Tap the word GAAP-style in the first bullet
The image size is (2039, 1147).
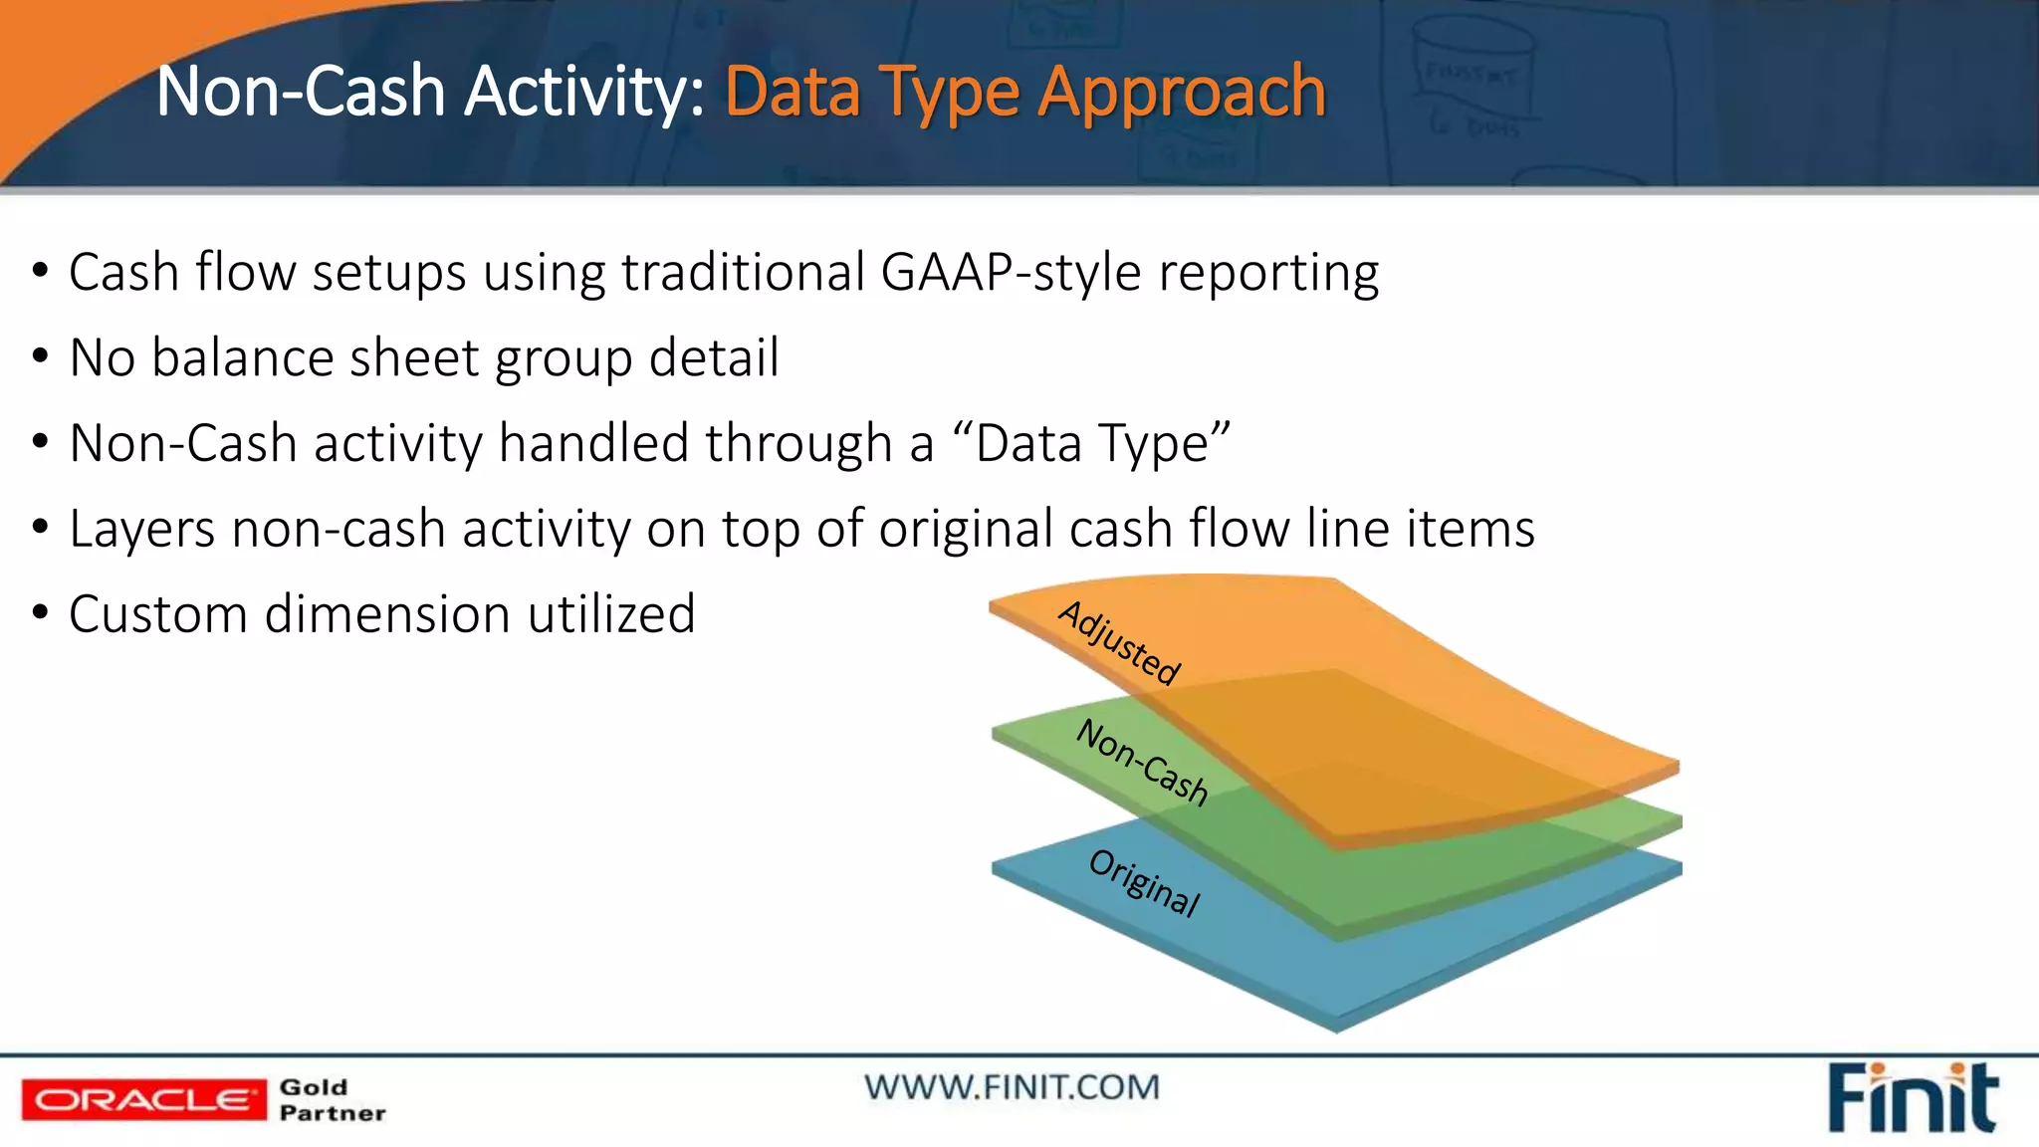tap(1011, 273)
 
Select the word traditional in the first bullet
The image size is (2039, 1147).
tap(743, 273)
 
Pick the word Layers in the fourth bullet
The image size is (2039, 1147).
tap(141, 529)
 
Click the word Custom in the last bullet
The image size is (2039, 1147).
tap(158, 614)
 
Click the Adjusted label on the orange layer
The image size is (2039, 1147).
tap(1119, 643)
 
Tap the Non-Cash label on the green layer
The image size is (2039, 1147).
tap(1143, 762)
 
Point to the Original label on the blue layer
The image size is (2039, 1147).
tap(1145, 882)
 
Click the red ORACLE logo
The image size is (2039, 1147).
tap(143, 1100)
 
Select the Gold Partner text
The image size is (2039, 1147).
tap(332, 1100)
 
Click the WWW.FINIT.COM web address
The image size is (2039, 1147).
tap(1012, 1087)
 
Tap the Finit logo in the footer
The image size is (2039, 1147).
tap(1912, 1098)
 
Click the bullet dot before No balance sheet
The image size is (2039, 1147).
tap(40, 355)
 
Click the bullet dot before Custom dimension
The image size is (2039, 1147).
tap(40, 612)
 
